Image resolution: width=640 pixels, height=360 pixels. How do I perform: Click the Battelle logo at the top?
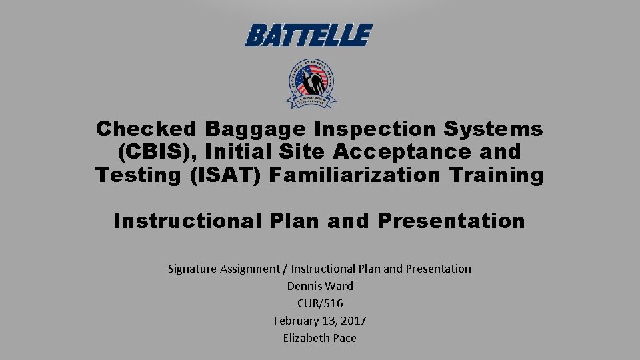pyautogui.click(x=308, y=35)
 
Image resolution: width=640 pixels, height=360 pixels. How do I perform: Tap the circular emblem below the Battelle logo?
pyautogui.click(x=311, y=84)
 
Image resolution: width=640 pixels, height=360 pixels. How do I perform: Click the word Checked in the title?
pyautogui.click(x=147, y=129)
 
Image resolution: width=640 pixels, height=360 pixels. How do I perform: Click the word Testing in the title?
pyautogui.click(x=136, y=175)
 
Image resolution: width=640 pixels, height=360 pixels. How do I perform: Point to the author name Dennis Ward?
pyautogui.click(x=320, y=286)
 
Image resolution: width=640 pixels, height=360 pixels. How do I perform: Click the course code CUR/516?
pyautogui.click(x=320, y=303)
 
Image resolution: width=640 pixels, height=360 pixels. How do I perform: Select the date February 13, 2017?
pyautogui.click(x=320, y=321)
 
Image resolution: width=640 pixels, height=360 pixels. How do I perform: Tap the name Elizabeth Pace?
pyautogui.click(x=320, y=338)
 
